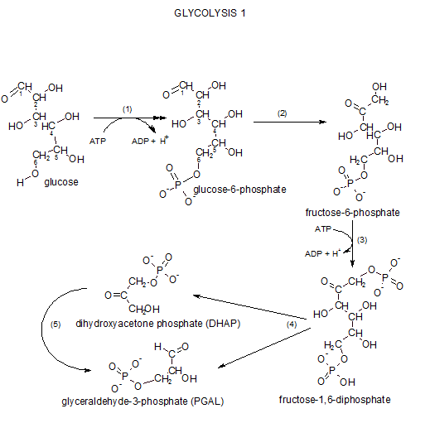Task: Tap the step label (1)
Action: (x=128, y=109)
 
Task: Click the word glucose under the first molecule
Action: (x=61, y=182)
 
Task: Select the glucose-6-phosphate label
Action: (x=239, y=190)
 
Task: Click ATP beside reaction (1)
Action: (x=97, y=141)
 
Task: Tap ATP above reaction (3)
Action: (x=324, y=228)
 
